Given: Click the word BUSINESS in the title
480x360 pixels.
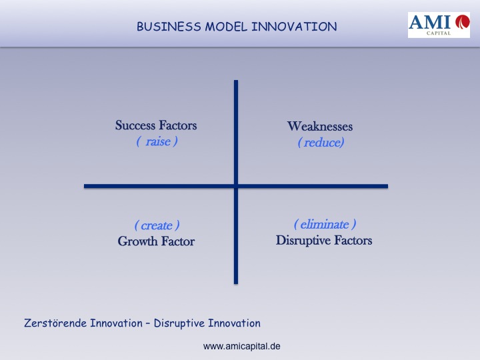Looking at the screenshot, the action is (169, 27).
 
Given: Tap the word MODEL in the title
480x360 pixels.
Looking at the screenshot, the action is (226, 27).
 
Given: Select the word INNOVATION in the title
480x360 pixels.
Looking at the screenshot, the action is (294, 27).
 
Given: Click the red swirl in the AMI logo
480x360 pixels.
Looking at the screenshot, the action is (462, 22).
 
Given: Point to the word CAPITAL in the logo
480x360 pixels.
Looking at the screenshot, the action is (439, 33).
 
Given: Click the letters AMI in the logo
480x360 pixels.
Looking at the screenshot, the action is (430, 22).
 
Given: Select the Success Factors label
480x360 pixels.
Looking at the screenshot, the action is (156, 125).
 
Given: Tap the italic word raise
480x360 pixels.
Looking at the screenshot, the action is (158, 141).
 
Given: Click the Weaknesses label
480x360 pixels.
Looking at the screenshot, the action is (320, 126).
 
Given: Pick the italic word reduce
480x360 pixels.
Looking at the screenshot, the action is (323, 143).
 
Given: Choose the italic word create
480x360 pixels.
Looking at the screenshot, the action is (157, 225).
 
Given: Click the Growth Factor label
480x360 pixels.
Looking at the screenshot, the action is (156, 241).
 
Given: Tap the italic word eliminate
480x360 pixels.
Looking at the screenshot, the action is (325, 225).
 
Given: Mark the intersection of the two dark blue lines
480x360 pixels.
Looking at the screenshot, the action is (236, 186).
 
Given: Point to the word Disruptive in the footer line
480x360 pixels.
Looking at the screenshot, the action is (179, 323).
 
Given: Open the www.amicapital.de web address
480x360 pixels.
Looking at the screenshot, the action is (241, 346).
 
